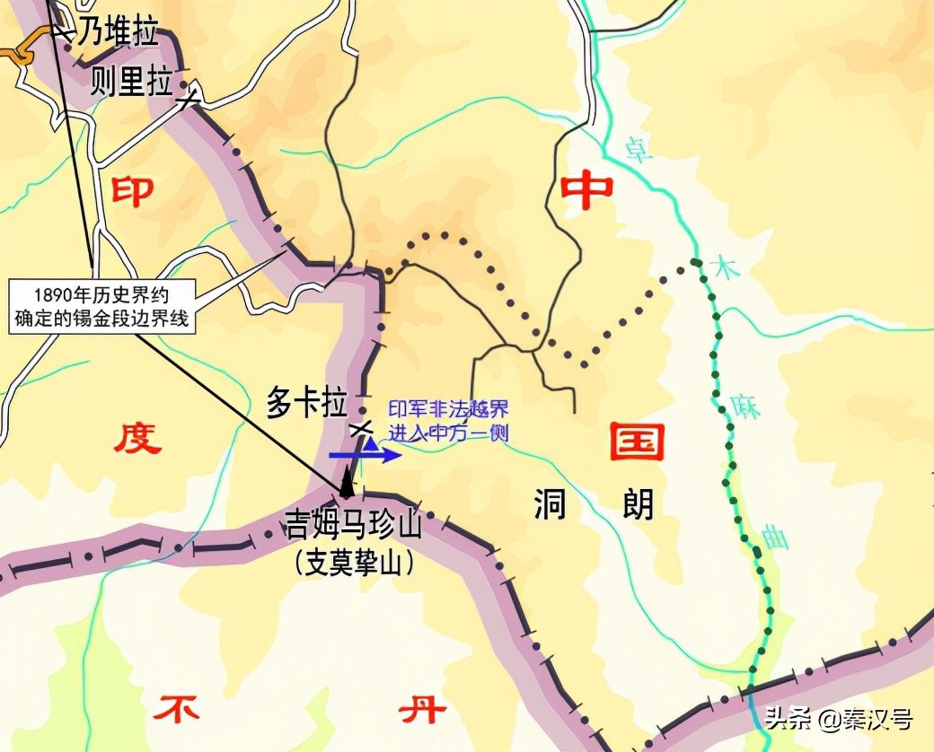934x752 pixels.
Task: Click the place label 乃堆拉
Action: [x=118, y=33]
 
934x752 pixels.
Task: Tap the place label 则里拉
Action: [x=131, y=83]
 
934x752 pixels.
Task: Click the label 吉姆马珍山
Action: [x=353, y=526]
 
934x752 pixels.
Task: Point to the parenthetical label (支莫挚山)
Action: [x=353, y=563]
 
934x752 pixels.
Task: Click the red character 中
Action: [x=586, y=189]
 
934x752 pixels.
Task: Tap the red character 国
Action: [x=637, y=442]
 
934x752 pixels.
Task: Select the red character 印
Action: [x=132, y=190]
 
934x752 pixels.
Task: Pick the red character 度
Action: [x=137, y=440]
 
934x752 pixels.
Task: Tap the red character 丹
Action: [x=421, y=710]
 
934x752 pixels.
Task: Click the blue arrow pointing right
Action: [x=365, y=456]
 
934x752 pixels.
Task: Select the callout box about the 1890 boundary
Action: [x=101, y=306]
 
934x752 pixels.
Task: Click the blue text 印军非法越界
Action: [x=436, y=409]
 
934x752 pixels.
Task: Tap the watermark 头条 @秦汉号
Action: [x=838, y=719]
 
